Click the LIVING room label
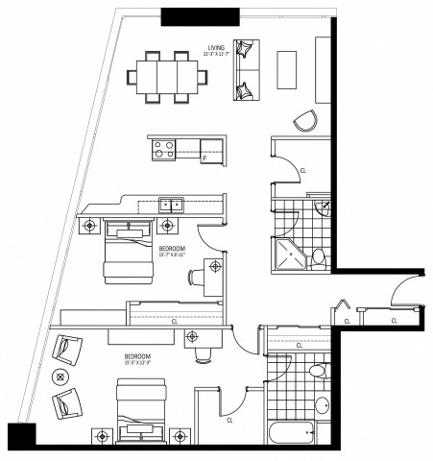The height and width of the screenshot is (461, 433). tap(215, 47)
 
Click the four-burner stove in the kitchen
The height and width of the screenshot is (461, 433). tap(162, 149)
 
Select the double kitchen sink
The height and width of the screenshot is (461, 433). tap(172, 204)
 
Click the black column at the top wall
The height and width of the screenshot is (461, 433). tap(200, 16)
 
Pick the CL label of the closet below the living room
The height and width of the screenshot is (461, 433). tap(303, 170)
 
